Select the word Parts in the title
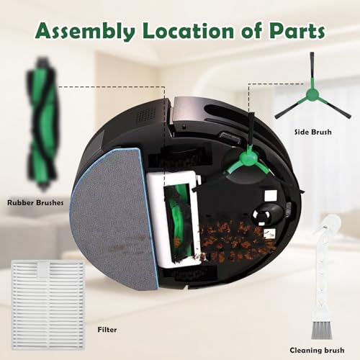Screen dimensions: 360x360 294,32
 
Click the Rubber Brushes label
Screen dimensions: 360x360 34,203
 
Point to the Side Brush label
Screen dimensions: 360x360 311,132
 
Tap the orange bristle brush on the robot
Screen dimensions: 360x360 230,241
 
